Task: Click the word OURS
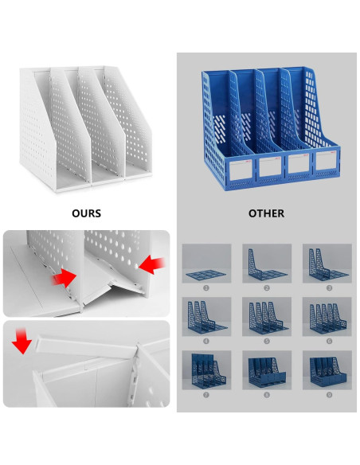[86, 213]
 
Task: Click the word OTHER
[265, 213]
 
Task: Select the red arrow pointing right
[65, 277]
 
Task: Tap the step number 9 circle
[327, 394]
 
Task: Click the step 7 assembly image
[207, 370]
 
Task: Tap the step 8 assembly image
[267, 370]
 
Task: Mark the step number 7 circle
[207, 394]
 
